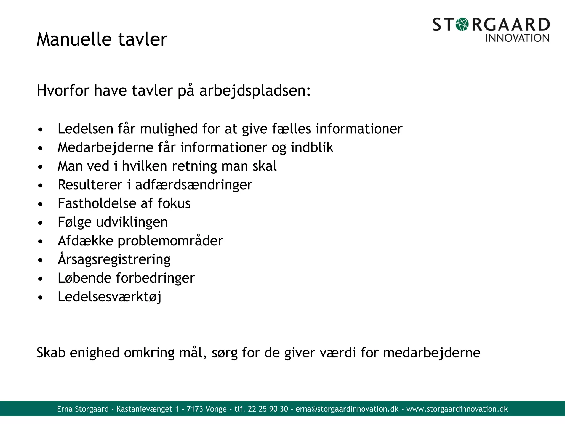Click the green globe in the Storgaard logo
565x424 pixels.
pyautogui.click(x=462, y=24)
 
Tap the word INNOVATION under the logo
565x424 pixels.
pyautogui.click(x=517, y=38)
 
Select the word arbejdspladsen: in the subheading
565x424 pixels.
pyautogui.click(x=255, y=91)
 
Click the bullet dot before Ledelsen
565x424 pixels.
pyautogui.click(x=41, y=129)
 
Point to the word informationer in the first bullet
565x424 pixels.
pyautogui.click(x=359, y=129)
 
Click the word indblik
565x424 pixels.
pyautogui.click(x=312, y=147)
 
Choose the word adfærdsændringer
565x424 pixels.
pyautogui.click(x=194, y=185)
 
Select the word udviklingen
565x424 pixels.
pyautogui.click(x=132, y=222)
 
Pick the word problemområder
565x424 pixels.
pyautogui.click(x=170, y=241)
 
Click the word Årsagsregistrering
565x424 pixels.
pyautogui.click(x=114, y=259)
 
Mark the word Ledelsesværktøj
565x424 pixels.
pyautogui.click(x=110, y=297)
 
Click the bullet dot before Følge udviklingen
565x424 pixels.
pyautogui.click(x=41, y=223)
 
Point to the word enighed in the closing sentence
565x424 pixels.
pyautogui.click(x=94, y=353)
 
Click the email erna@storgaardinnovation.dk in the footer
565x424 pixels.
pyautogui.click(x=347, y=409)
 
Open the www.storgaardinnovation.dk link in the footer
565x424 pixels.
pyautogui.click(x=457, y=409)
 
